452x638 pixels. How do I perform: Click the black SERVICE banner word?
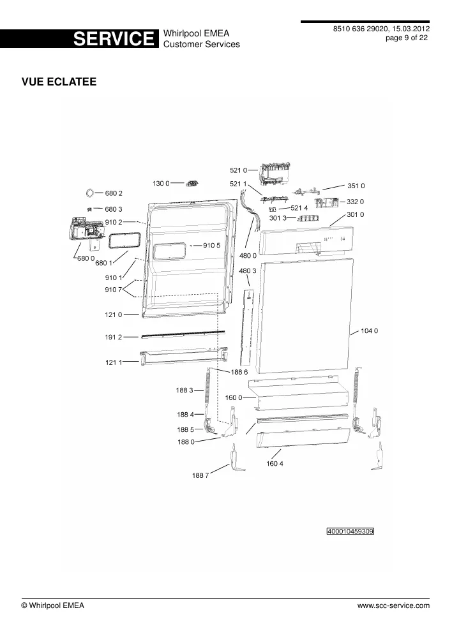pyautogui.click(x=114, y=39)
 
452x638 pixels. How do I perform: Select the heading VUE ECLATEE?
pyautogui.click(x=59, y=82)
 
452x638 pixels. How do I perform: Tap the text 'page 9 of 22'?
pyautogui.click(x=407, y=38)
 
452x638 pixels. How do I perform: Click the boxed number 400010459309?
pyautogui.click(x=350, y=531)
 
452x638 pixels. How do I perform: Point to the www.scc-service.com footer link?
pyautogui.click(x=393, y=605)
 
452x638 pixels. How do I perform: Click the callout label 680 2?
pyautogui.click(x=114, y=193)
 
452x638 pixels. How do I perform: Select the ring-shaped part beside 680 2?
pyautogui.click(x=90, y=193)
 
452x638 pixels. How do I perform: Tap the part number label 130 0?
pyautogui.click(x=161, y=184)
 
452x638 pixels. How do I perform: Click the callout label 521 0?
pyautogui.click(x=238, y=170)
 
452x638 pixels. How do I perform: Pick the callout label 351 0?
pyautogui.click(x=356, y=186)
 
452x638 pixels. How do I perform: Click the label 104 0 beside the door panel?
pyautogui.click(x=370, y=330)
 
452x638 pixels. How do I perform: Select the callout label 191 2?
pyautogui.click(x=114, y=338)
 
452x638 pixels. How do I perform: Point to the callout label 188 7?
pyautogui.click(x=200, y=475)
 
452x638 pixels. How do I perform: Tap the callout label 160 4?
pyautogui.click(x=275, y=463)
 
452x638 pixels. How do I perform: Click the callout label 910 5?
pyautogui.click(x=212, y=246)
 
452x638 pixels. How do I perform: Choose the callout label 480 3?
pyautogui.click(x=248, y=271)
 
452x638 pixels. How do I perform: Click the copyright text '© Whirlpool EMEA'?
pyautogui.click(x=52, y=605)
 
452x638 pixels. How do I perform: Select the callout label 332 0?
pyautogui.click(x=356, y=202)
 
